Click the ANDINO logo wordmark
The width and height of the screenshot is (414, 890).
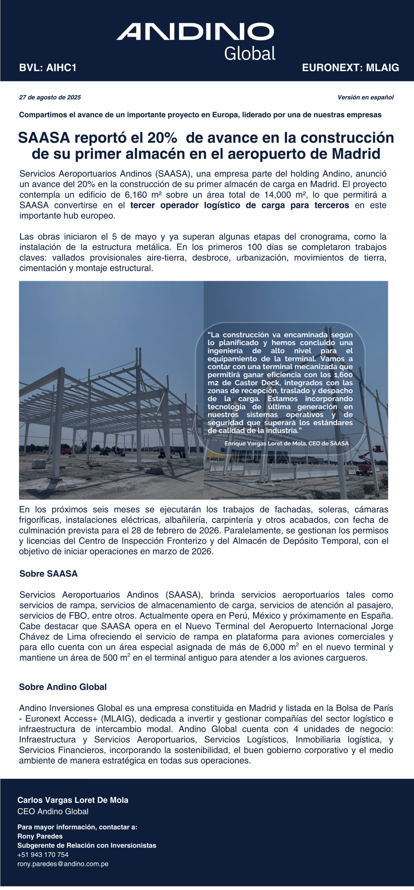click(x=195, y=32)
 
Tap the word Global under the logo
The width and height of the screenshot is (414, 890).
click(x=250, y=54)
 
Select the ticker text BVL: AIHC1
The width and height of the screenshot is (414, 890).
click(x=48, y=68)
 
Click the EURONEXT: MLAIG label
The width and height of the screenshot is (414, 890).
click(x=351, y=68)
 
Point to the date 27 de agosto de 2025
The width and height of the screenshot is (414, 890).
click(x=50, y=97)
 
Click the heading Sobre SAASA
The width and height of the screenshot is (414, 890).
click(x=48, y=574)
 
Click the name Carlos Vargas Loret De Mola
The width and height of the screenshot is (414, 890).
click(x=73, y=800)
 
